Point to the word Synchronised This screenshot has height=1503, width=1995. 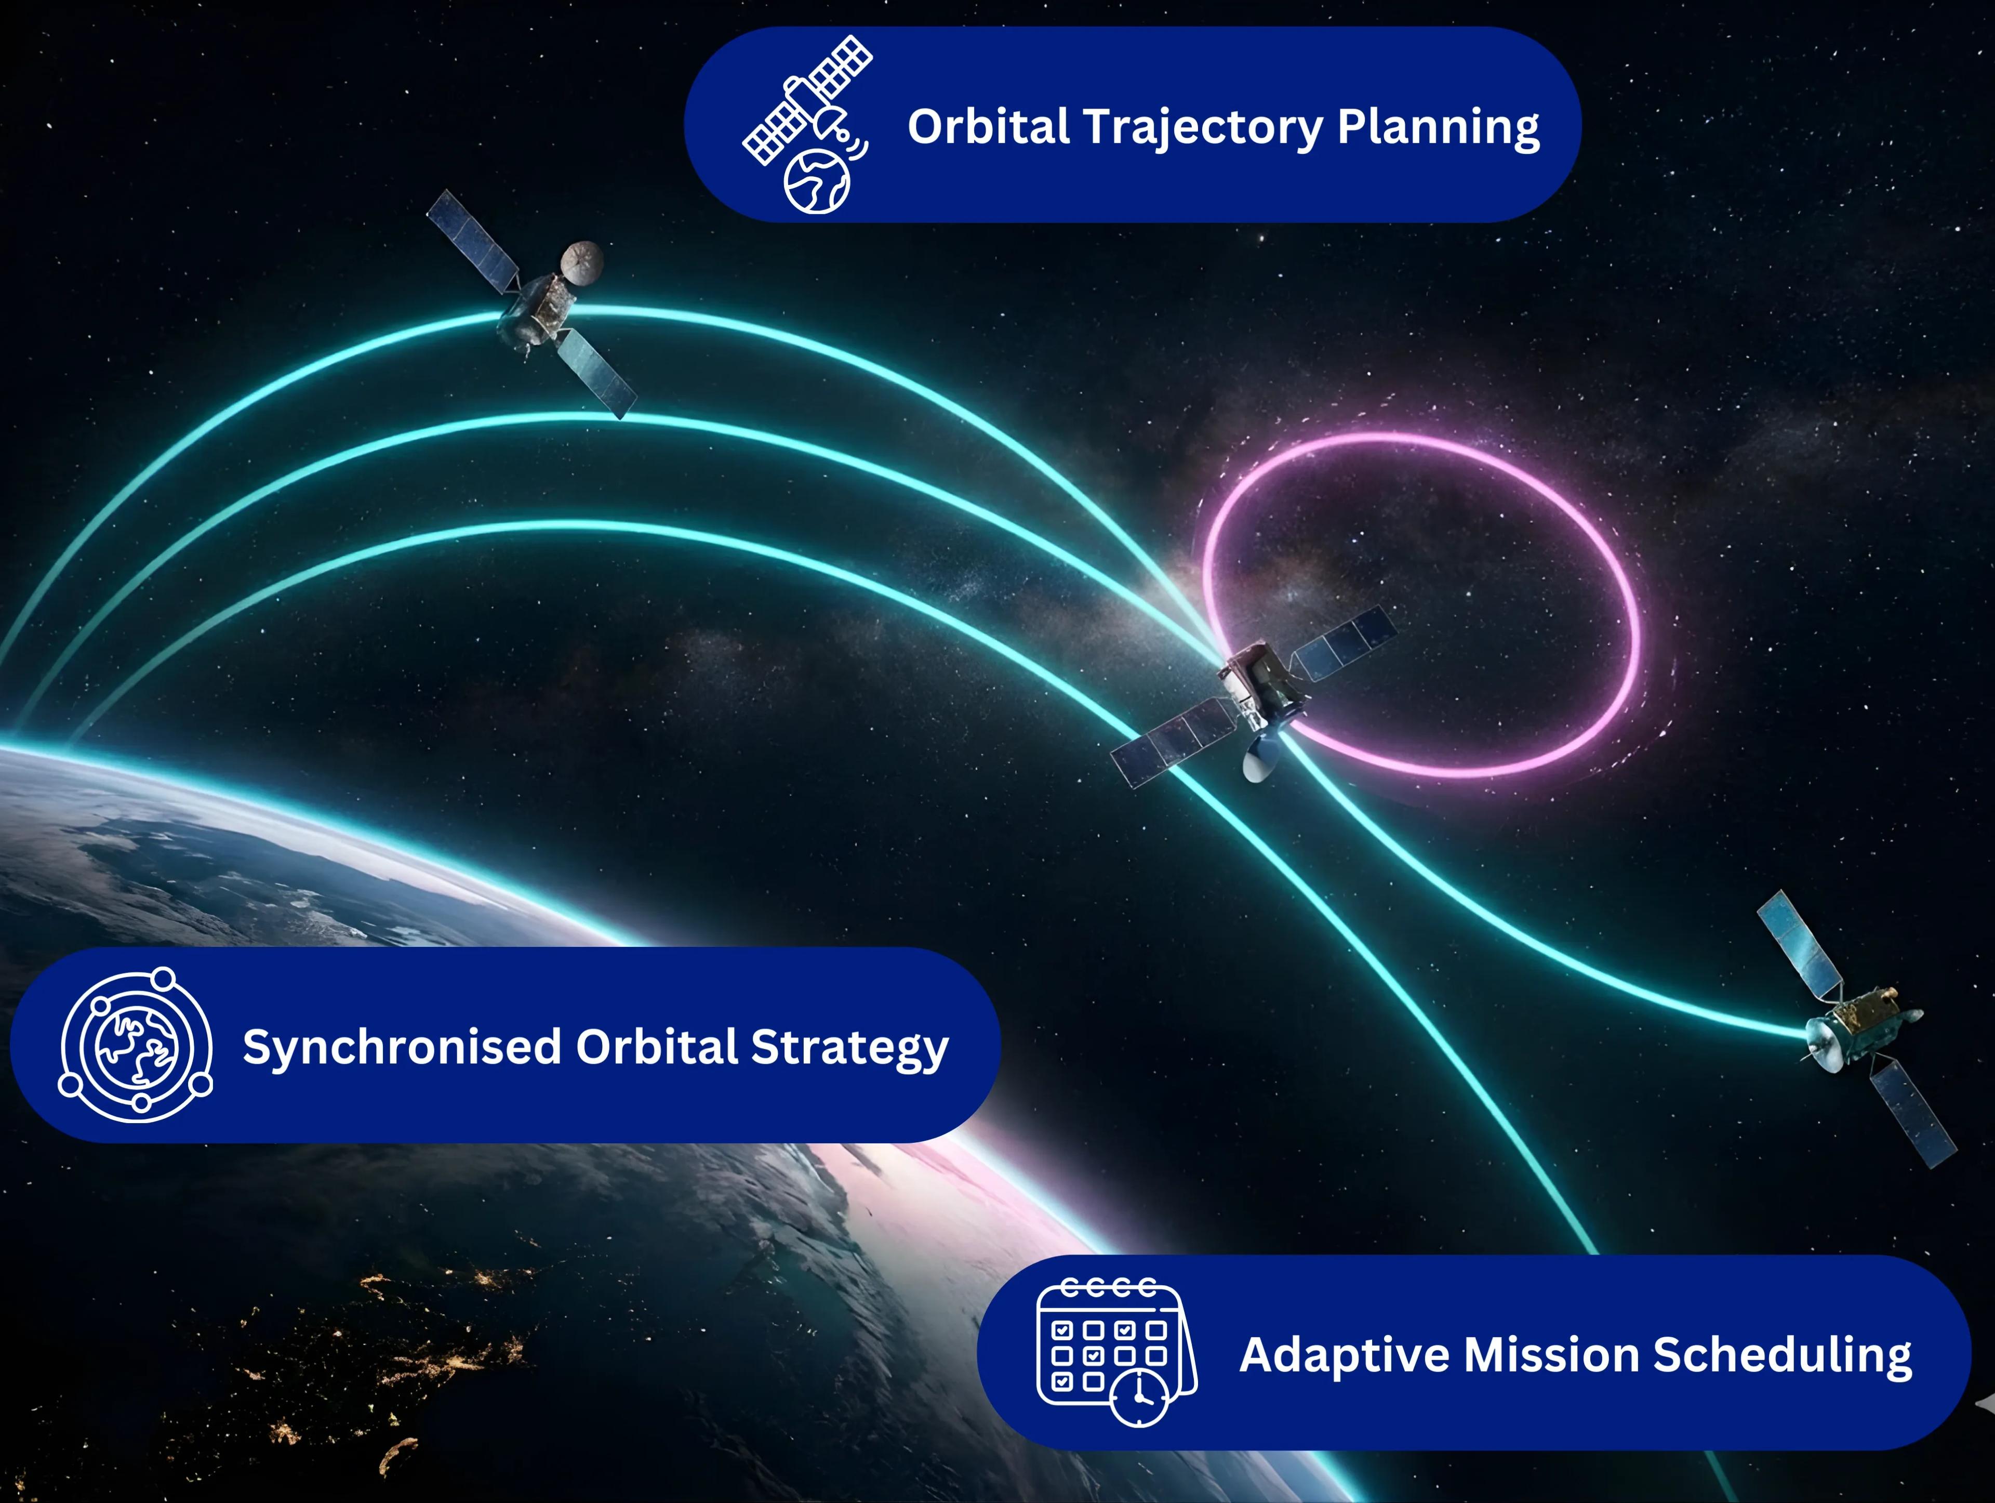402,1047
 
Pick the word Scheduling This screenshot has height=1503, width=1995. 1782,1355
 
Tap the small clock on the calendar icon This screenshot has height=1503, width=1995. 1139,1396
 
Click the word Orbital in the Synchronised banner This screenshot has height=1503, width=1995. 657,1047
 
